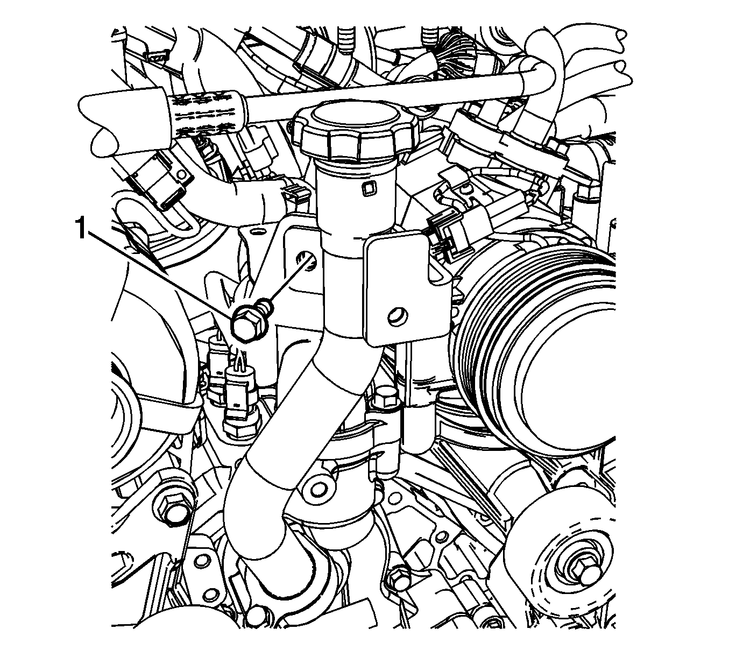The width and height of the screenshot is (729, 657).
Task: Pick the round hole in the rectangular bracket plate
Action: [398, 317]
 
